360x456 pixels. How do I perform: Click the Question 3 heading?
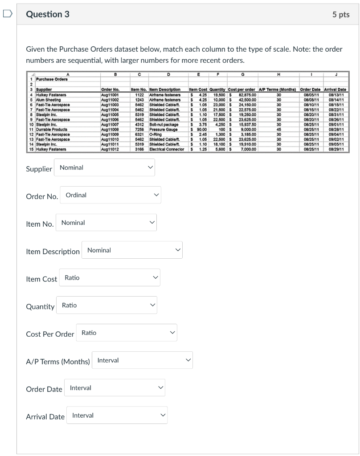[x=48, y=14]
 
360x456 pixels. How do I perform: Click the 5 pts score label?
[x=340, y=15]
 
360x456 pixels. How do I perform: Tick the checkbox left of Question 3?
[x=8, y=14]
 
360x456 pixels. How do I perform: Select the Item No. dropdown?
[x=107, y=223]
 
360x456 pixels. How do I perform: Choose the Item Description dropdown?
[x=133, y=250]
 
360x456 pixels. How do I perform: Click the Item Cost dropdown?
[x=110, y=278]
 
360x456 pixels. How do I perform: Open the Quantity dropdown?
[x=108, y=305]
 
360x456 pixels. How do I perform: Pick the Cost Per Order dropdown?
[x=128, y=333]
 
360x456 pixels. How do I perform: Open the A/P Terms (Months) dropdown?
[x=143, y=360]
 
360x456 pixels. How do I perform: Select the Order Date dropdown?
[x=115, y=388]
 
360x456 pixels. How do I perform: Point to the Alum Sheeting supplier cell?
[x=48, y=100]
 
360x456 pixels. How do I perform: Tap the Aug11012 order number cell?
[x=110, y=149]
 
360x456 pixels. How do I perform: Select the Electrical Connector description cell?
[x=167, y=149]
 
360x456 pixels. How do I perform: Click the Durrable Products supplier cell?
[x=52, y=130]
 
